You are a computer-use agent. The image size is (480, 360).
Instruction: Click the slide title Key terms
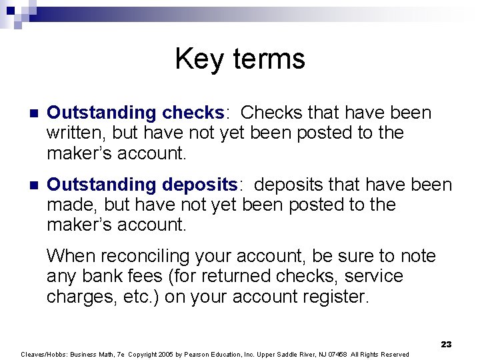click(x=240, y=59)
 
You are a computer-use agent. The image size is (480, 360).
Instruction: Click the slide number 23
click(x=446, y=344)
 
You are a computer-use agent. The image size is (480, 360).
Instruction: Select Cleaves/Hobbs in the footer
click(x=41, y=354)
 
